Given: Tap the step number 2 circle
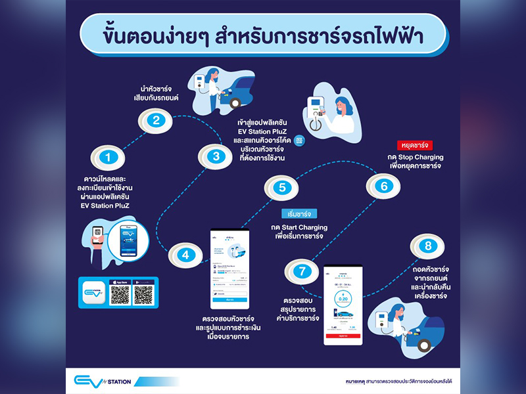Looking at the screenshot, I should [156, 120].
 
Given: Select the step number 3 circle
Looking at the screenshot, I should [216, 156].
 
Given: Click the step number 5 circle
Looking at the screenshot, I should [282, 188].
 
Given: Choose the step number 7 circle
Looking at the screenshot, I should [301, 270].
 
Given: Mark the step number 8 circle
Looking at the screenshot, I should [428, 247].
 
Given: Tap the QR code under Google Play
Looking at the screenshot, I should [143, 294].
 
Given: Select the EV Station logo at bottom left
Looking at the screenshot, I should [103, 380].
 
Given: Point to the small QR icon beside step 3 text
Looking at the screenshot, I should [300, 141].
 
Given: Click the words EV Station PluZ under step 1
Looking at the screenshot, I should [103, 206].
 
